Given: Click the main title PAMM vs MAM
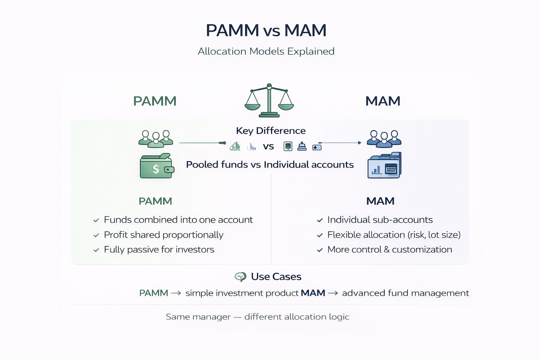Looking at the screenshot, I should click(x=266, y=31).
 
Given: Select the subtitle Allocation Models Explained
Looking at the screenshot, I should click(x=266, y=51).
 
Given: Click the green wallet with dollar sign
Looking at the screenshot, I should click(x=157, y=166).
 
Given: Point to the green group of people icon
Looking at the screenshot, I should click(x=156, y=139).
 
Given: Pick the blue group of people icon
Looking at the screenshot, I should click(x=384, y=139).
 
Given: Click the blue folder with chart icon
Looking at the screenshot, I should click(x=384, y=166).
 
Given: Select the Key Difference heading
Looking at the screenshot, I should click(x=271, y=131).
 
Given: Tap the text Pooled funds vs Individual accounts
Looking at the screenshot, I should click(x=270, y=165).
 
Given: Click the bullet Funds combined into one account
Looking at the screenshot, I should click(x=178, y=220).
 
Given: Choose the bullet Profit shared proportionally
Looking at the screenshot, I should click(x=163, y=235).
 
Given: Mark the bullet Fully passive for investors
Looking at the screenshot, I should click(x=159, y=250).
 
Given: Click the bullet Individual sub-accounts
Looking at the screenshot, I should click(x=380, y=220).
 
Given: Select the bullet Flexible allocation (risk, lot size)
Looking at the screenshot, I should click(x=394, y=235).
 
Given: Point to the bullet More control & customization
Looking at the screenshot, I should click(x=390, y=250).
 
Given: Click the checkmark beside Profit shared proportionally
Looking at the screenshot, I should click(x=96, y=235).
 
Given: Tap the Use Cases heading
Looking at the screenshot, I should click(x=276, y=277).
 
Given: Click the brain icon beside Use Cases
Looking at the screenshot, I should click(x=240, y=277).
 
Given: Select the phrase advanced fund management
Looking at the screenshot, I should click(x=405, y=293).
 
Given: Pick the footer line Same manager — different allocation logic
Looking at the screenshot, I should click(x=257, y=317).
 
